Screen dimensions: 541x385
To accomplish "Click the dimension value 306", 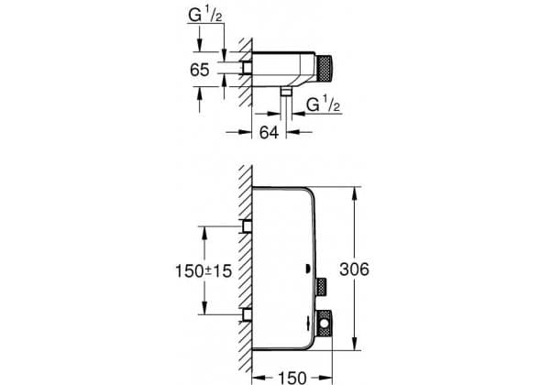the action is point(354,269).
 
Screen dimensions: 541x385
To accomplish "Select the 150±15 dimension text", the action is point(204,271).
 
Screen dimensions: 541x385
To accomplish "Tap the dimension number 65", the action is point(199,70).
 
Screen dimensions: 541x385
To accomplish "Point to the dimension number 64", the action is point(269,133).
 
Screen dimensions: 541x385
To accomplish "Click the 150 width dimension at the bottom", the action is point(292,378).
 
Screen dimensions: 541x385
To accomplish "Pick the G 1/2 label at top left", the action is point(205,16).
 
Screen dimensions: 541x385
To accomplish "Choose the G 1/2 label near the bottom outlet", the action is point(324,104).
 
